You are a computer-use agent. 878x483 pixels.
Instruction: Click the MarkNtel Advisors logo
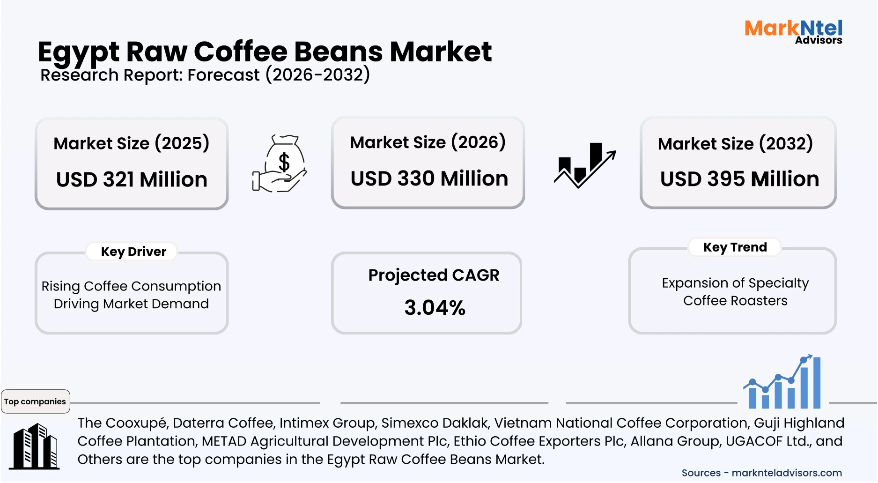[793, 31]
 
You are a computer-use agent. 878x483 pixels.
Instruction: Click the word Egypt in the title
[78, 52]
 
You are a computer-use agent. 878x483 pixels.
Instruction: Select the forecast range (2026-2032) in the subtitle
[317, 75]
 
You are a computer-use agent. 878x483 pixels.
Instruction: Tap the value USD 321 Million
[132, 179]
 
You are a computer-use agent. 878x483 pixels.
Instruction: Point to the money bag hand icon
[280, 163]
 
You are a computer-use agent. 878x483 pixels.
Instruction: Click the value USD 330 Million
[429, 178]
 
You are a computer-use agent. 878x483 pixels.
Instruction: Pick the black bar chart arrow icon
[585, 165]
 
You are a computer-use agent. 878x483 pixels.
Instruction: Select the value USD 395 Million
[739, 179]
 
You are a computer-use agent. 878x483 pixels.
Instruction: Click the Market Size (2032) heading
[735, 143]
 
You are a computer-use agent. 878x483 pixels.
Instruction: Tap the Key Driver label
[133, 252]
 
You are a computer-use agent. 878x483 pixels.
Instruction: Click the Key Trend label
[735, 247]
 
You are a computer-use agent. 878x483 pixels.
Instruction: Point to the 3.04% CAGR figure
[435, 308]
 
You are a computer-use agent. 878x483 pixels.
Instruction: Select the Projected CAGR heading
[434, 275]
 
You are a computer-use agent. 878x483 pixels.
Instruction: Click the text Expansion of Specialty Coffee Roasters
[735, 291]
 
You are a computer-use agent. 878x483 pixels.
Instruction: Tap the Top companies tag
[35, 401]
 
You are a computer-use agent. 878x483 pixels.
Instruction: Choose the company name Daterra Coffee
[223, 423]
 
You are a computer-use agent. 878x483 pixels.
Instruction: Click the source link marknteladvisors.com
[787, 473]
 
